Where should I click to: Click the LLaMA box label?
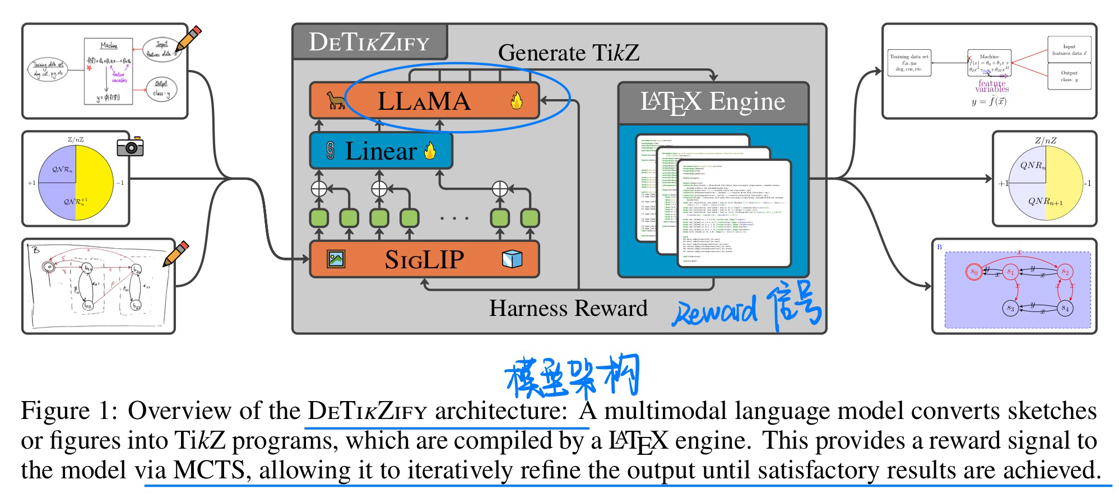(424, 101)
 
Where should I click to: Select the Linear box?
(380, 151)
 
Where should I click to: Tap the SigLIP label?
(424, 259)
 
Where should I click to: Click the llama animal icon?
(335, 101)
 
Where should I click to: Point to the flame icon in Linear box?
(430, 151)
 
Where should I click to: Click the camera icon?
(130, 147)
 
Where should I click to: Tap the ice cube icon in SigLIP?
(512, 259)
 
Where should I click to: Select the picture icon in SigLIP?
(336, 259)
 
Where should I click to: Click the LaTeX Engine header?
(713, 103)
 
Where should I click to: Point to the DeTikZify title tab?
(369, 42)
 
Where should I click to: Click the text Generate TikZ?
(568, 53)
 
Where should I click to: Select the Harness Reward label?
(568, 308)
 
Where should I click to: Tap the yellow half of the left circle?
(94, 183)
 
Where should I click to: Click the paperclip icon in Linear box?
(329, 151)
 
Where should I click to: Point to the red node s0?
(974, 272)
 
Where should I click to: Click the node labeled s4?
(1065, 308)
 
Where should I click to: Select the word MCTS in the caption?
(209, 469)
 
